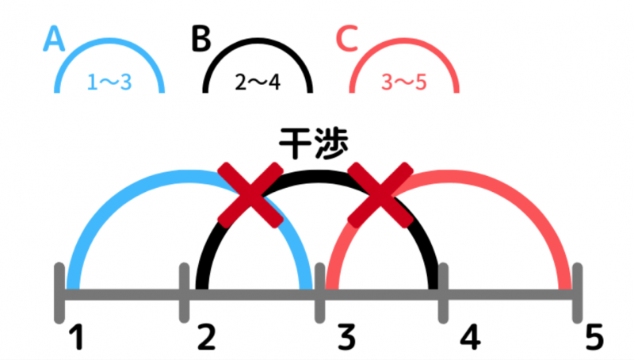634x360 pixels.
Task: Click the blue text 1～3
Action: [109, 81]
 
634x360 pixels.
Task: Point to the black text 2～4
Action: [258, 81]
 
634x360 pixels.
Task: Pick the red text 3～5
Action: [404, 81]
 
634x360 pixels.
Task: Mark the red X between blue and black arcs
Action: [250, 195]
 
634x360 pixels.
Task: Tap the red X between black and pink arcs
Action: [380, 195]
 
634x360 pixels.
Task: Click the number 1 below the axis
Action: [76, 338]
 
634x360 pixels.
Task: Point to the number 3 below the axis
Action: [344, 338]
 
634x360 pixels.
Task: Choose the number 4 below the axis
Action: [471, 338]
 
